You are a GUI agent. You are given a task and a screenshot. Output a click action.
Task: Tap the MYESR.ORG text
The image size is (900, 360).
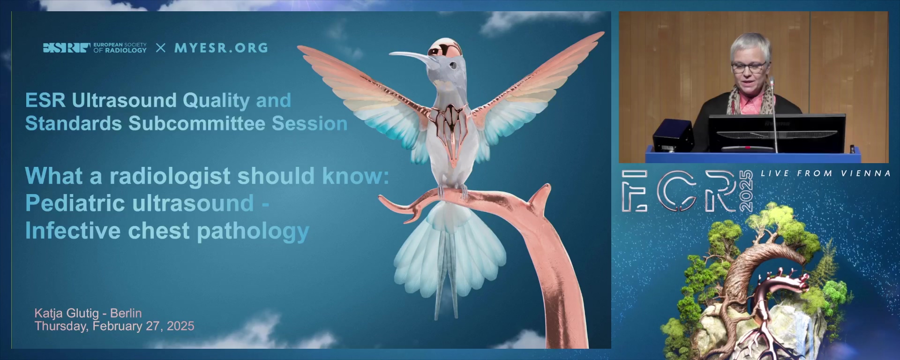point(221,48)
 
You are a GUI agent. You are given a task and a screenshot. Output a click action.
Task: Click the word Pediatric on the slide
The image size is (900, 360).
point(76,203)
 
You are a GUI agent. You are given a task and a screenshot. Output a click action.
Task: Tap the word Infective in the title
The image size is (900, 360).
point(73,231)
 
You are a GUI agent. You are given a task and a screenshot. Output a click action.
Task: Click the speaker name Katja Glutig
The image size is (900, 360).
point(67,313)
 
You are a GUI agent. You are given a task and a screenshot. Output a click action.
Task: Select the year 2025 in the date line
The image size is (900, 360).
point(180,326)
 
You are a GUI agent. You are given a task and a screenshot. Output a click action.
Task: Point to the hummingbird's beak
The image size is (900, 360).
point(409,58)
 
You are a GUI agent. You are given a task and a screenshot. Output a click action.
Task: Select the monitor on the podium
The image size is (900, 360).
point(777,133)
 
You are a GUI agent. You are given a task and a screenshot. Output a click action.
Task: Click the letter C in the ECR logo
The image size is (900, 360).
point(676,191)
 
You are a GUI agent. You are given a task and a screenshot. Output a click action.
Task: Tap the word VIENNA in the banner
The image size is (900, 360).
point(866,173)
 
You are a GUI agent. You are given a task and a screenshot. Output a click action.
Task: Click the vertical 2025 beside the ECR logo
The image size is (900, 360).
point(746,191)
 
